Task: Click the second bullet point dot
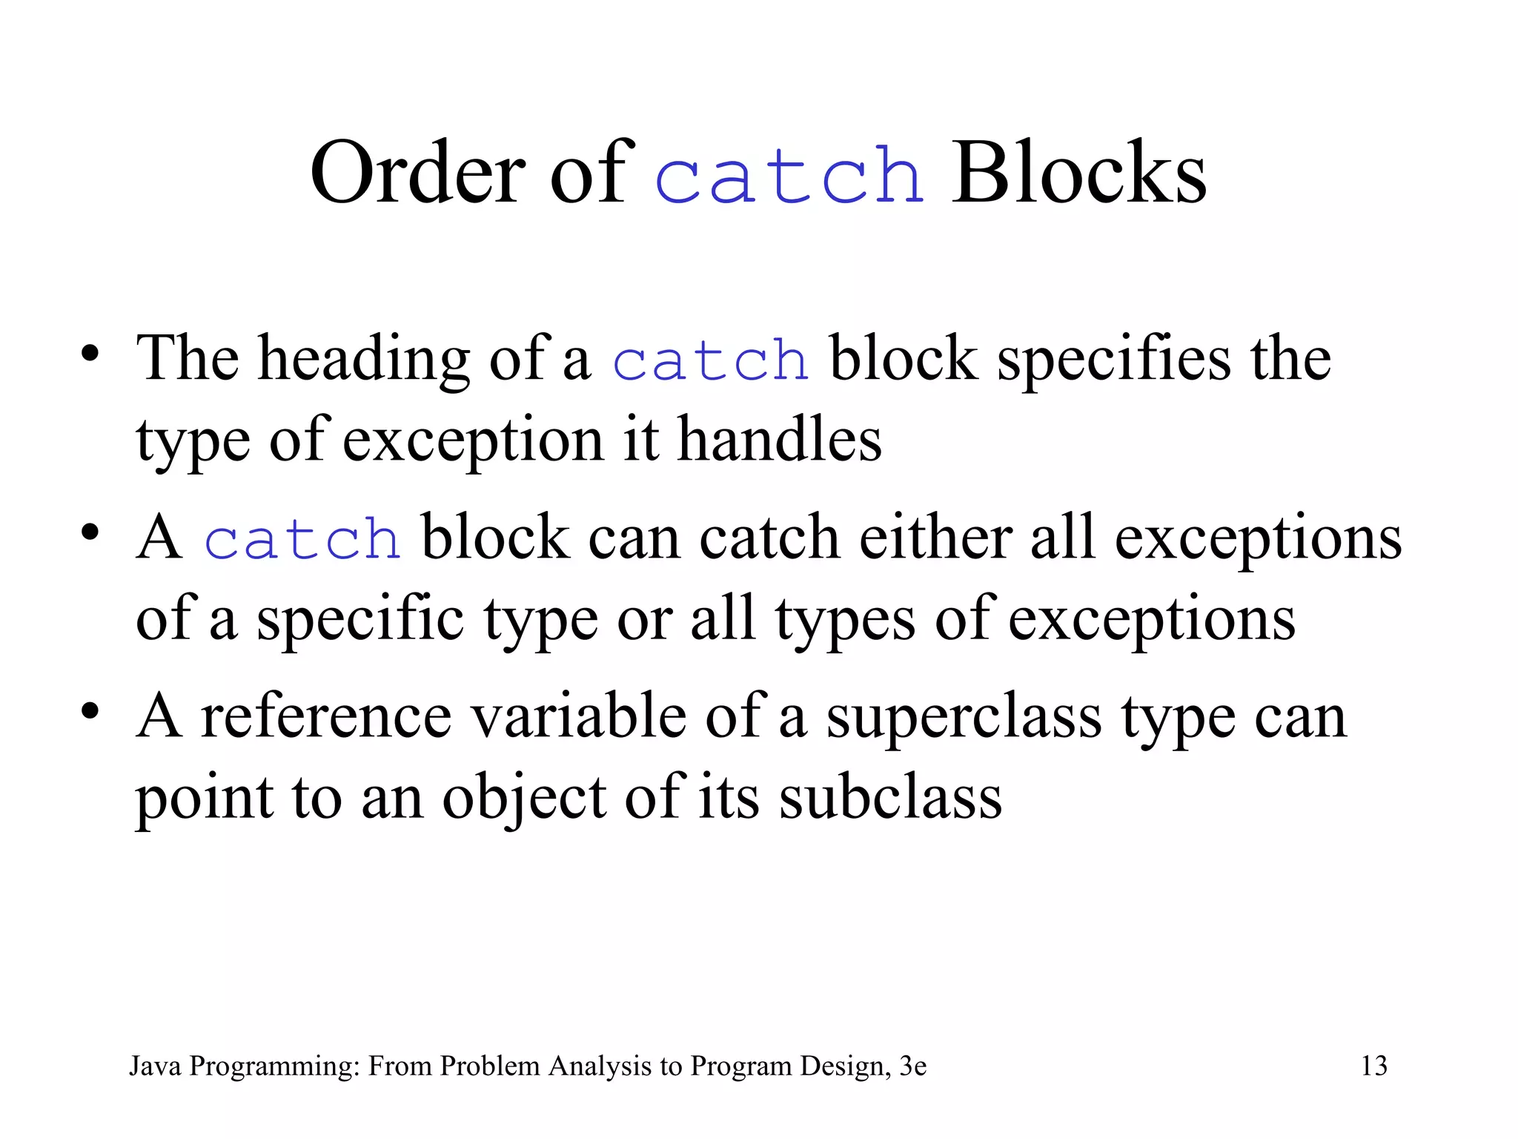point(90,532)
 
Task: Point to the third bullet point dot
point(90,711)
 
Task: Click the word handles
point(780,440)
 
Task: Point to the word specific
point(360,620)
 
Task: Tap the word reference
point(326,717)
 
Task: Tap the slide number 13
point(1374,1066)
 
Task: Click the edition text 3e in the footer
point(912,1066)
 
